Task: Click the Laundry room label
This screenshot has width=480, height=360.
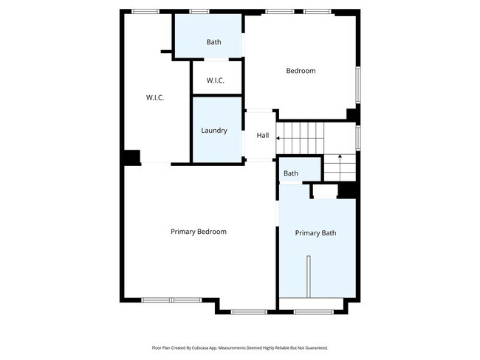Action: click(214, 131)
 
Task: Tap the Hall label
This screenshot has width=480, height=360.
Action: click(263, 135)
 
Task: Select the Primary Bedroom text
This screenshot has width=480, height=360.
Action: click(199, 232)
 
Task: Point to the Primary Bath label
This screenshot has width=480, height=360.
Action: click(315, 233)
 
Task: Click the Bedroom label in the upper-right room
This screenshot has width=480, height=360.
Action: click(301, 71)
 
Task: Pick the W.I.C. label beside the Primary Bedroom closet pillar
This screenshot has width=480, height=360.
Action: click(155, 97)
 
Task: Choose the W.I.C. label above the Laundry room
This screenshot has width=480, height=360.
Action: click(215, 80)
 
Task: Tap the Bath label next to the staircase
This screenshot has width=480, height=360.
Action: click(291, 173)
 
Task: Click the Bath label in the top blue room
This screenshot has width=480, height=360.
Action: click(213, 42)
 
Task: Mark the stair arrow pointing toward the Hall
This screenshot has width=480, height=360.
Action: click(300, 138)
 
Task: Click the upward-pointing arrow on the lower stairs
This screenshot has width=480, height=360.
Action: click(340, 167)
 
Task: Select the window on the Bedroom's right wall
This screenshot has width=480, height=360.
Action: click(358, 84)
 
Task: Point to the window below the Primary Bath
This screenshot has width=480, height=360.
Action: click(313, 312)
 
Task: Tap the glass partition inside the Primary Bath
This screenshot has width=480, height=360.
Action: click(309, 276)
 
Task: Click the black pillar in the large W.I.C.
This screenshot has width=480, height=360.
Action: click(132, 158)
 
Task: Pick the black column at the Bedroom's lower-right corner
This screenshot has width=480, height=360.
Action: click(352, 115)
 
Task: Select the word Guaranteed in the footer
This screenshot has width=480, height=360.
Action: click(318, 347)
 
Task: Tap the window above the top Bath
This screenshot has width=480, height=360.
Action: click(199, 12)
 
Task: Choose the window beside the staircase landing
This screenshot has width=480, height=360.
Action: click(358, 138)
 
